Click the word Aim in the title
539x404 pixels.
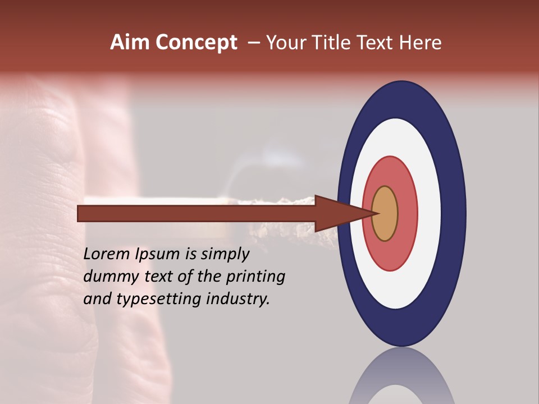[x=130, y=43]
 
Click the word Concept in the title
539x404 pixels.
[x=196, y=43]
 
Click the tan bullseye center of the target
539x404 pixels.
[x=385, y=214]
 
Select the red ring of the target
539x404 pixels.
[x=407, y=214]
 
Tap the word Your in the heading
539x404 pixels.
[x=284, y=43]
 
